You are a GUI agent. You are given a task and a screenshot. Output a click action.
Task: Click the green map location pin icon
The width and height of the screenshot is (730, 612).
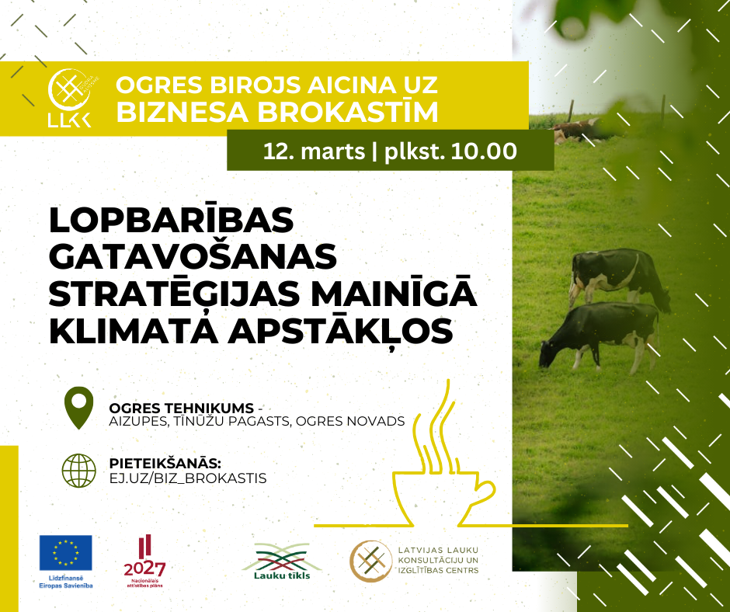coord(78,408)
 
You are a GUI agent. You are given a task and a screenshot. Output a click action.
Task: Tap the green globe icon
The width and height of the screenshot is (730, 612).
coord(79,471)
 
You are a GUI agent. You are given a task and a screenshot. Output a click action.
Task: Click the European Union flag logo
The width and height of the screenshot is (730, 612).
coord(66,553)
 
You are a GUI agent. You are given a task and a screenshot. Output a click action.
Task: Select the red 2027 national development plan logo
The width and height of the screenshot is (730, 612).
coord(144,562)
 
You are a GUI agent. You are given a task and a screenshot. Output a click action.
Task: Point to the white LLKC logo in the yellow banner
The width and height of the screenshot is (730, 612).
coord(70,98)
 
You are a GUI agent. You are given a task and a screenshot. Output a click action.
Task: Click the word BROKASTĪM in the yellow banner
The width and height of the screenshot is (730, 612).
coord(349,112)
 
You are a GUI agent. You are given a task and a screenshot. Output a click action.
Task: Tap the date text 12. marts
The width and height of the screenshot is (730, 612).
coord(314,151)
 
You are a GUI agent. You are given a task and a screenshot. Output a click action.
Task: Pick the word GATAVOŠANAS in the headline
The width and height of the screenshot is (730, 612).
coord(193,256)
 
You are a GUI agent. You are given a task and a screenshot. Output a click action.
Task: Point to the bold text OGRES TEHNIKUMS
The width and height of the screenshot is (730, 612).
coord(182,408)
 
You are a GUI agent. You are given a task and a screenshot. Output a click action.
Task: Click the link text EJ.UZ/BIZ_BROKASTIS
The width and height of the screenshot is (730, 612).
coord(188,478)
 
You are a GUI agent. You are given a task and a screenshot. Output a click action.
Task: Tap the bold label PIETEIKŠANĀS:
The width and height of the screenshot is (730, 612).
coord(165,464)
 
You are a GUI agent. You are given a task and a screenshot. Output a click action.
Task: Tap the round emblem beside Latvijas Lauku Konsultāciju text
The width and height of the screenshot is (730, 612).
coord(371,562)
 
